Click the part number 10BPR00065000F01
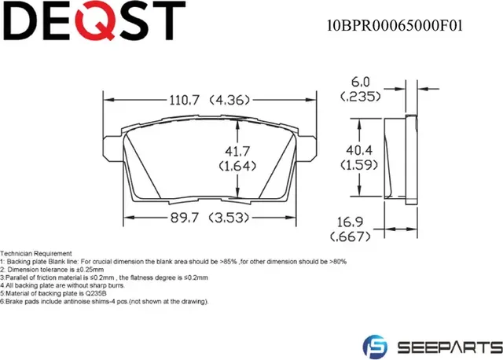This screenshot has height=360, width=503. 394,24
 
